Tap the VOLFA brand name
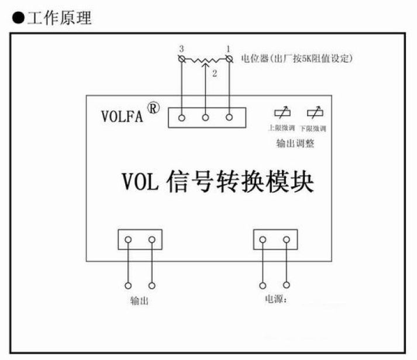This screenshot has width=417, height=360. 122,115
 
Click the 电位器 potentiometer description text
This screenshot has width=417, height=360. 297,58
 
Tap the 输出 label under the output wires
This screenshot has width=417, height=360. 139,302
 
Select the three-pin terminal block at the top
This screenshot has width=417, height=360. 205,117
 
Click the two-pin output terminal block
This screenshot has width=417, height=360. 140,240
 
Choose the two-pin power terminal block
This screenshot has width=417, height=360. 275,240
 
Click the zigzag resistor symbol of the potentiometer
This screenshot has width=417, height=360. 205,59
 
